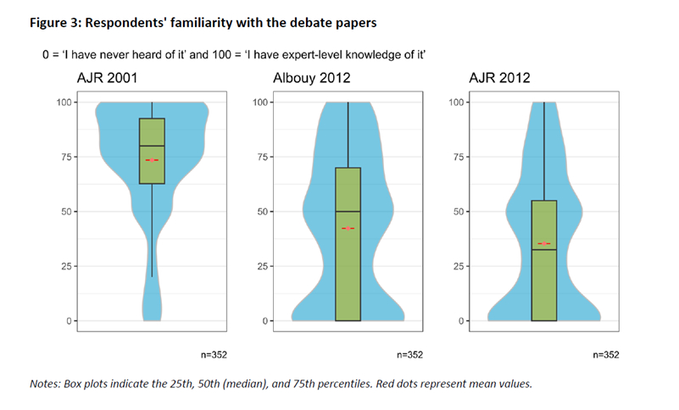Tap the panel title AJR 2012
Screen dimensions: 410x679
(499, 79)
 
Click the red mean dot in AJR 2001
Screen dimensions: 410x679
(152, 159)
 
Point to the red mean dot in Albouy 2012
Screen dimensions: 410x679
(348, 228)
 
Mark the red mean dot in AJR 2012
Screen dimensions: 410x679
(543, 244)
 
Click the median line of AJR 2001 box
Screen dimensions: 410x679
(152, 146)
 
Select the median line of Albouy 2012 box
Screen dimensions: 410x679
(348, 211)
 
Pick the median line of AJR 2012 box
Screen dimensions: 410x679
(543, 250)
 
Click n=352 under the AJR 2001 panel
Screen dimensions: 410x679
(213, 354)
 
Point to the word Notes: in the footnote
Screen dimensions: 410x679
(48, 384)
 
